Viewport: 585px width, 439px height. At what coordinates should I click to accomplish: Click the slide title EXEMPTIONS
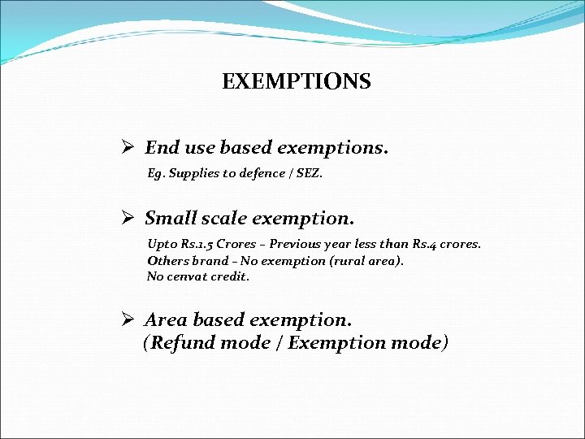tap(296, 82)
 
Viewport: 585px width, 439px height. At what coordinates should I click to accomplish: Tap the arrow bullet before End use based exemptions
tap(127, 148)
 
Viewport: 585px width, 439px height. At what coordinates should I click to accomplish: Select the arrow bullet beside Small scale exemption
tap(127, 219)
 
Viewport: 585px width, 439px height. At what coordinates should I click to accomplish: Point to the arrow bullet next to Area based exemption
tap(127, 320)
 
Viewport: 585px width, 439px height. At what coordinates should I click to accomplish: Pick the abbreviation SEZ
tap(307, 173)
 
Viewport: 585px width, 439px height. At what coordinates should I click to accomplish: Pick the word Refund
tap(180, 343)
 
